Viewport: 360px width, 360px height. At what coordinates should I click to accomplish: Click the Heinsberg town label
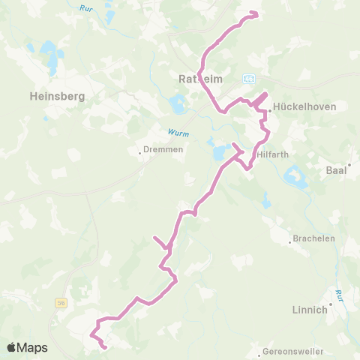(x=56, y=96)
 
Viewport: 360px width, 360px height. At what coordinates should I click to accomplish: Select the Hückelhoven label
(x=304, y=107)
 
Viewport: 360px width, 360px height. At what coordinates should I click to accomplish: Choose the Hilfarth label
(x=271, y=154)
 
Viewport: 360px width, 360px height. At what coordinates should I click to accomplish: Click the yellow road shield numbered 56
(x=61, y=302)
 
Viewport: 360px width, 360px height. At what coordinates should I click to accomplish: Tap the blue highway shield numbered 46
(x=250, y=78)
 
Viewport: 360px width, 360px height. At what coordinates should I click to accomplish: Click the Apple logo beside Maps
(x=12, y=347)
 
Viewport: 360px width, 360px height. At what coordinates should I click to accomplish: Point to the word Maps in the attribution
(x=34, y=347)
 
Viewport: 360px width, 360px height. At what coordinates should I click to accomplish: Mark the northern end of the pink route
(x=256, y=13)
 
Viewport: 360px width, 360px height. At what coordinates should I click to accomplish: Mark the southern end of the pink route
(x=104, y=347)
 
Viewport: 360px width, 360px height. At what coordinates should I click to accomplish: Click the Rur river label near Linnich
(x=340, y=293)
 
